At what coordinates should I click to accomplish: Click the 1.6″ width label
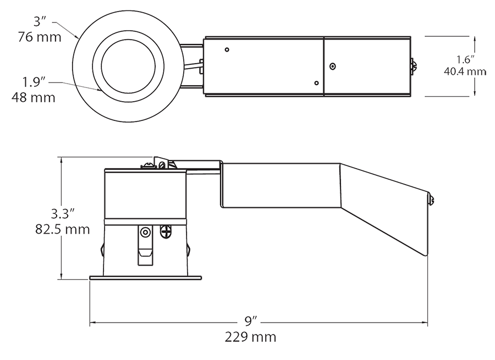click(x=464, y=59)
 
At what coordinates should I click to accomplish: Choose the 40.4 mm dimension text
click(x=464, y=71)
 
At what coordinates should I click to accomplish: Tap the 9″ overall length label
click(x=251, y=320)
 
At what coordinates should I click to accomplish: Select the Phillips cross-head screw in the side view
click(x=165, y=232)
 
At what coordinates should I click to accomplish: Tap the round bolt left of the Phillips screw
click(x=145, y=232)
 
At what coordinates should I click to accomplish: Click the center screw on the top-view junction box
click(x=332, y=67)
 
